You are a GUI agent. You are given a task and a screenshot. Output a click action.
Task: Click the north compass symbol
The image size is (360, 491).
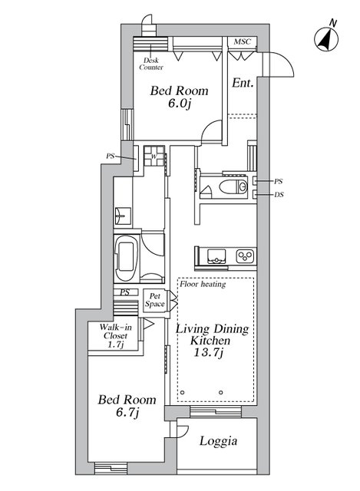click(326, 40)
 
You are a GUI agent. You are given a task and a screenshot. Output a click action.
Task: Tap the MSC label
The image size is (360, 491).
click(243, 41)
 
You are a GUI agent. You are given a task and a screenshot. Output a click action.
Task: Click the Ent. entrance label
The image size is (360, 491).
click(243, 83)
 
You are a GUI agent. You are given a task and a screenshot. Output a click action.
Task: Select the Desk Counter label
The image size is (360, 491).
click(151, 64)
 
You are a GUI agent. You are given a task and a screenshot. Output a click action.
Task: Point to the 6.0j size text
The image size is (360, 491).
click(179, 104)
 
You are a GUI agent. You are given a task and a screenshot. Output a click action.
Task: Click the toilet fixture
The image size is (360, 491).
click(233, 187)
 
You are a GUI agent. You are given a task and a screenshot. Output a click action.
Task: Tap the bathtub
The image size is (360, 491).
click(126, 258)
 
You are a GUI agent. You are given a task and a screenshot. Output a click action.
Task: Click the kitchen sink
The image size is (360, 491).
click(216, 256)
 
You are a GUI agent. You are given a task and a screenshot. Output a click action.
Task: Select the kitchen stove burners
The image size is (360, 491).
click(246, 256)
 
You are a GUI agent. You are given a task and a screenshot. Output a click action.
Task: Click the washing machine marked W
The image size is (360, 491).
click(154, 156)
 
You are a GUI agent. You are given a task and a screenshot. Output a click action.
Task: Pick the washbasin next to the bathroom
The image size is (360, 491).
click(123, 216)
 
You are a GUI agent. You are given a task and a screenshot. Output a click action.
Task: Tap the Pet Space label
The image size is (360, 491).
click(154, 300)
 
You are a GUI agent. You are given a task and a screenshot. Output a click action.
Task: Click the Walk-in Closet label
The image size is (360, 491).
click(115, 336)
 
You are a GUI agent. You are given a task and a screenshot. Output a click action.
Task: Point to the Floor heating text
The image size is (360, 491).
click(203, 284)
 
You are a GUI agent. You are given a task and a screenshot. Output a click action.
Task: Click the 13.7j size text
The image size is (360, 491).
click(209, 353)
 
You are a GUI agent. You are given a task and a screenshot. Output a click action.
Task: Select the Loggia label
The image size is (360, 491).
click(218, 441)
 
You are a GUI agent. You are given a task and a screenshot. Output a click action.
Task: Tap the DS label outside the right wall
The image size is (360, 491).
click(279, 194)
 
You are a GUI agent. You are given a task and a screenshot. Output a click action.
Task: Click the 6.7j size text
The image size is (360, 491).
click(127, 413)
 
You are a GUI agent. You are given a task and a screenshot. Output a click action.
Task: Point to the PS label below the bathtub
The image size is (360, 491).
click(124, 292)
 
